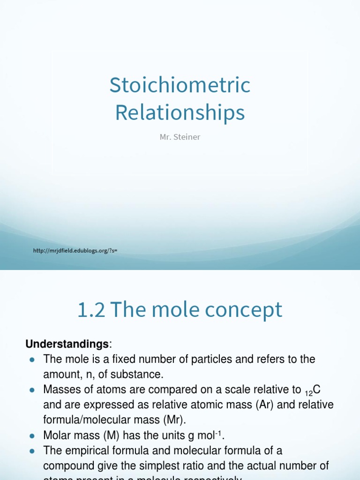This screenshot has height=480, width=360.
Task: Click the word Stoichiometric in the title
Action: [x=180, y=85]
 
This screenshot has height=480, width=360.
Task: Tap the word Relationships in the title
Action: [x=180, y=112]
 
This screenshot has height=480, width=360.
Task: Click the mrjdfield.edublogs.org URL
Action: [x=75, y=251]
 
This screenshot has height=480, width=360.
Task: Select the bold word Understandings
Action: [x=67, y=345]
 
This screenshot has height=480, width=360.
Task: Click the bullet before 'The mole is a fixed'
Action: [x=32, y=360]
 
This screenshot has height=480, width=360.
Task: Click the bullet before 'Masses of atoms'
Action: [x=32, y=390]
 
